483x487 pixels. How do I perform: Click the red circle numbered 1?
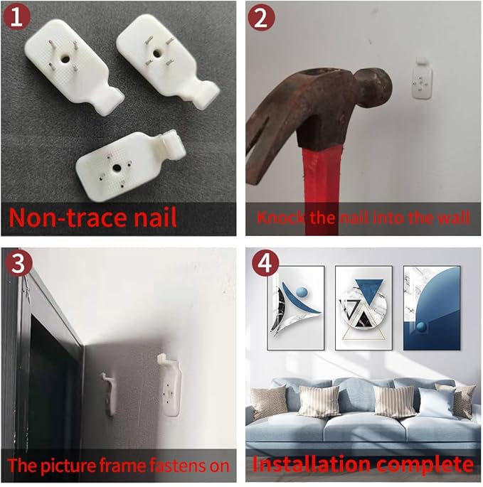pos(16,17)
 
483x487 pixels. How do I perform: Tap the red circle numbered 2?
pos(261,17)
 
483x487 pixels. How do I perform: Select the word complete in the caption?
pos(424,465)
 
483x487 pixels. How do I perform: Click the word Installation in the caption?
pos(312,464)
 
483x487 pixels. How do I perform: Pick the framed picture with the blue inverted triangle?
pos(363,307)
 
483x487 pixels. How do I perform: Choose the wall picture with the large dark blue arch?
pos(432,308)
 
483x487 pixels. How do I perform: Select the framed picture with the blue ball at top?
pos(296,307)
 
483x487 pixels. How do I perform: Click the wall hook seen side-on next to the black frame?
pos(109,394)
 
